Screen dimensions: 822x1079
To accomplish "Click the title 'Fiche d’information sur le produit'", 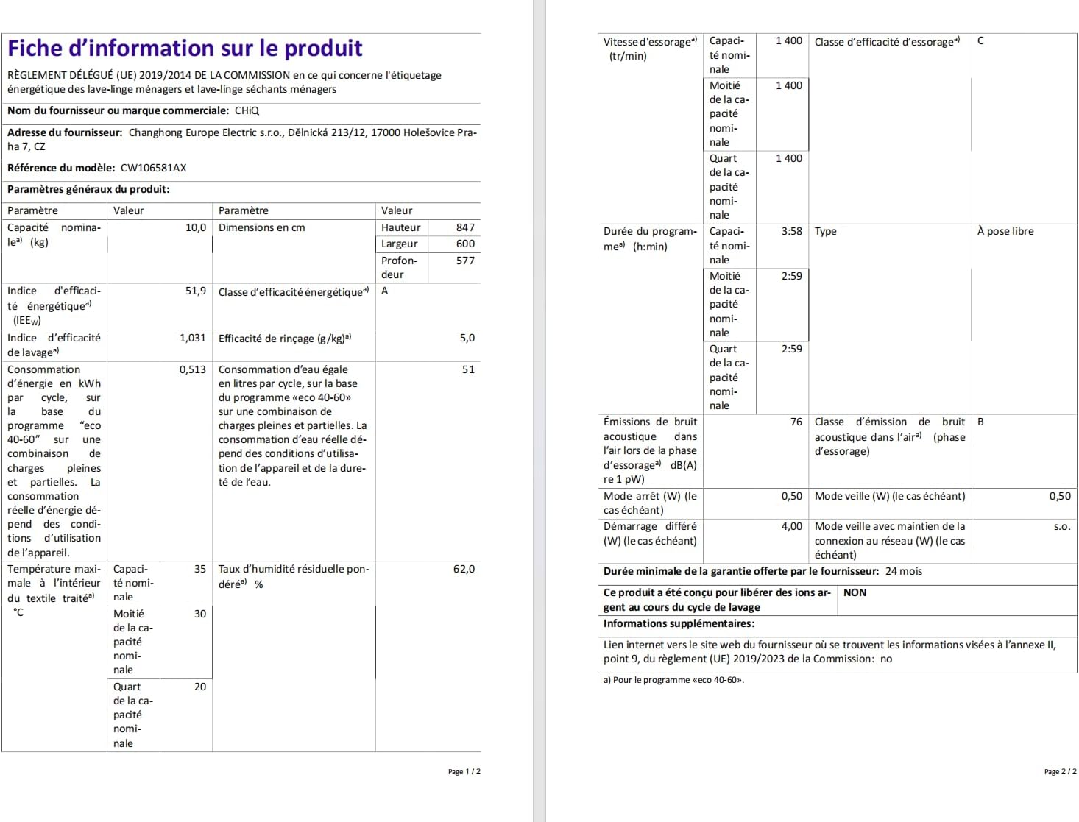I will click(x=185, y=49).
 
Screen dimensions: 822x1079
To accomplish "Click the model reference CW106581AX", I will click(x=153, y=168).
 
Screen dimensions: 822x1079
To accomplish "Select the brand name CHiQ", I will click(x=247, y=110).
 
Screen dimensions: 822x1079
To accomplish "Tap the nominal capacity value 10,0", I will click(x=196, y=227).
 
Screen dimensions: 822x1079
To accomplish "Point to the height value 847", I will click(x=465, y=227).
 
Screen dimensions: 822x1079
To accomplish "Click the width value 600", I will click(x=465, y=244).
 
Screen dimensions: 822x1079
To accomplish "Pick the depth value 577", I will click(x=465, y=261).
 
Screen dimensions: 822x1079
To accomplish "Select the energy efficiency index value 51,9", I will click(x=196, y=291).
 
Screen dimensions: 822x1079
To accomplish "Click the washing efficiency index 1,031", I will click(x=193, y=338).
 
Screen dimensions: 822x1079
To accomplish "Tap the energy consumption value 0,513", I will click(x=193, y=369).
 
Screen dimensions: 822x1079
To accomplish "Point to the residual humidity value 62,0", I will click(x=464, y=569).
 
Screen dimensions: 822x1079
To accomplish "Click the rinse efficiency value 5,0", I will click(x=467, y=338).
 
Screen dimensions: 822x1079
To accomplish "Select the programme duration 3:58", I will click(x=792, y=231).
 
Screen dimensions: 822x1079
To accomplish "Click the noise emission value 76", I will click(x=796, y=422).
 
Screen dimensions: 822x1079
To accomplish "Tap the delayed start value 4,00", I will click(x=792, y=526).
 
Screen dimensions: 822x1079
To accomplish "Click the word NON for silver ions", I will click(x=855, y=592).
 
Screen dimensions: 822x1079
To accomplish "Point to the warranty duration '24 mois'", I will click(x=904, y=571).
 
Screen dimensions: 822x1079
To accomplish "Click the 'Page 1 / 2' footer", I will click(x=464, y=772).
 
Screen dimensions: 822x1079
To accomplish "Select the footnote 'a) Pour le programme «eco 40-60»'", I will click(x=673, y=680).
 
